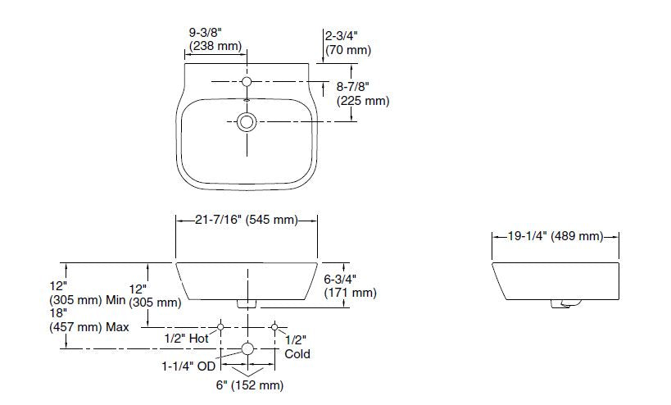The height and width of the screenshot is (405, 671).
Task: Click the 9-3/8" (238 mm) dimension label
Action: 215,40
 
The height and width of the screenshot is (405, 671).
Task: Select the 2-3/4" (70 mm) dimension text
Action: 347,43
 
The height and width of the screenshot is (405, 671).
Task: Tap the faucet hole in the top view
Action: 247,82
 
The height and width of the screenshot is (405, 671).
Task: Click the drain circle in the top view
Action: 247,122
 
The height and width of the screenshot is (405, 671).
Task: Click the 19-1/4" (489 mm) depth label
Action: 555,237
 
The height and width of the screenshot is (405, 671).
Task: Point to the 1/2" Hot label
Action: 186,338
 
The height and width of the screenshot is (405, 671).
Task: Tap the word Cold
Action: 297,354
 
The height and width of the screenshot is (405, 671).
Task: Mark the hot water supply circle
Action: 220,325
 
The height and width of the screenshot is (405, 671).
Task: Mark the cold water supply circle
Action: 274,325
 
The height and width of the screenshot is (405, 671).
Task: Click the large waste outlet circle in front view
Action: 247,349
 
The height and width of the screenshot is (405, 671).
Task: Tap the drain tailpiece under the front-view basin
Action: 247,304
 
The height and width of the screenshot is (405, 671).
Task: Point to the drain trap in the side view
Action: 561,306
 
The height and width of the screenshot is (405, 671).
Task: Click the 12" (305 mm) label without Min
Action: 154,296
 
